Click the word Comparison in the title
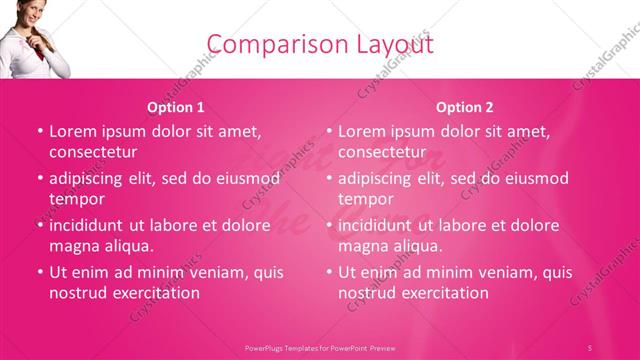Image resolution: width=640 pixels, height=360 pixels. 269,44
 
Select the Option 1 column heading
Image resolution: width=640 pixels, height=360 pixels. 176,107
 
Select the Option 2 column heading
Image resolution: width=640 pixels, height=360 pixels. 465,107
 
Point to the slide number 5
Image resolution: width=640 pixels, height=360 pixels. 590,347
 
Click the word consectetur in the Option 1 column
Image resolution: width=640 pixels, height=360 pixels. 93,152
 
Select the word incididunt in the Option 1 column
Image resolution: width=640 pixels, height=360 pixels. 88,225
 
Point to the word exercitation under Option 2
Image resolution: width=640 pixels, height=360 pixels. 438,293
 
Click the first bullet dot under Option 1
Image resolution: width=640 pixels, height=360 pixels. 40,131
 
